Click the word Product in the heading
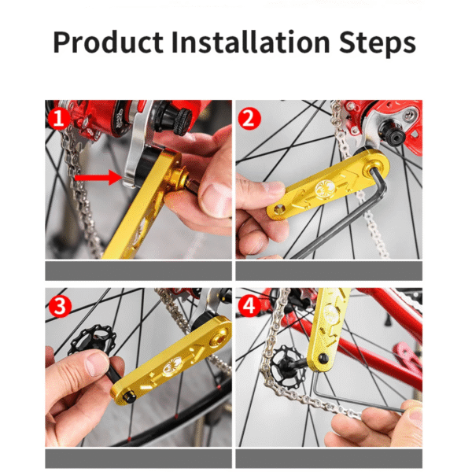(x=108, y=42)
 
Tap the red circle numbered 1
(x=59, y=118)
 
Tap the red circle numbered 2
(x=249, y=119)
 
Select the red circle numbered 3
(x=60, y=307)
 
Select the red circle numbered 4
(x=249, y=305)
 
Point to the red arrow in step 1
(x=98, y=177)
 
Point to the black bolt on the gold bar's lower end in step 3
(x=130, y=397)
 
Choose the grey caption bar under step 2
(x=329, y=271)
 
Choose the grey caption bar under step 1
(x=138, y=271)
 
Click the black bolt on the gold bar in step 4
(x=323, y=358)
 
